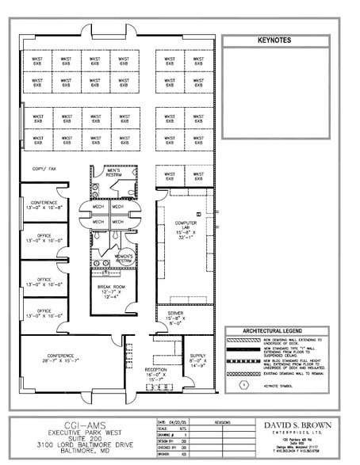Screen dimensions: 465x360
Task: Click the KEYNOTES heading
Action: click(x=274, y=40)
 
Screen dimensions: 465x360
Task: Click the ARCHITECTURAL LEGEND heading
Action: click(x=274, y=330)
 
